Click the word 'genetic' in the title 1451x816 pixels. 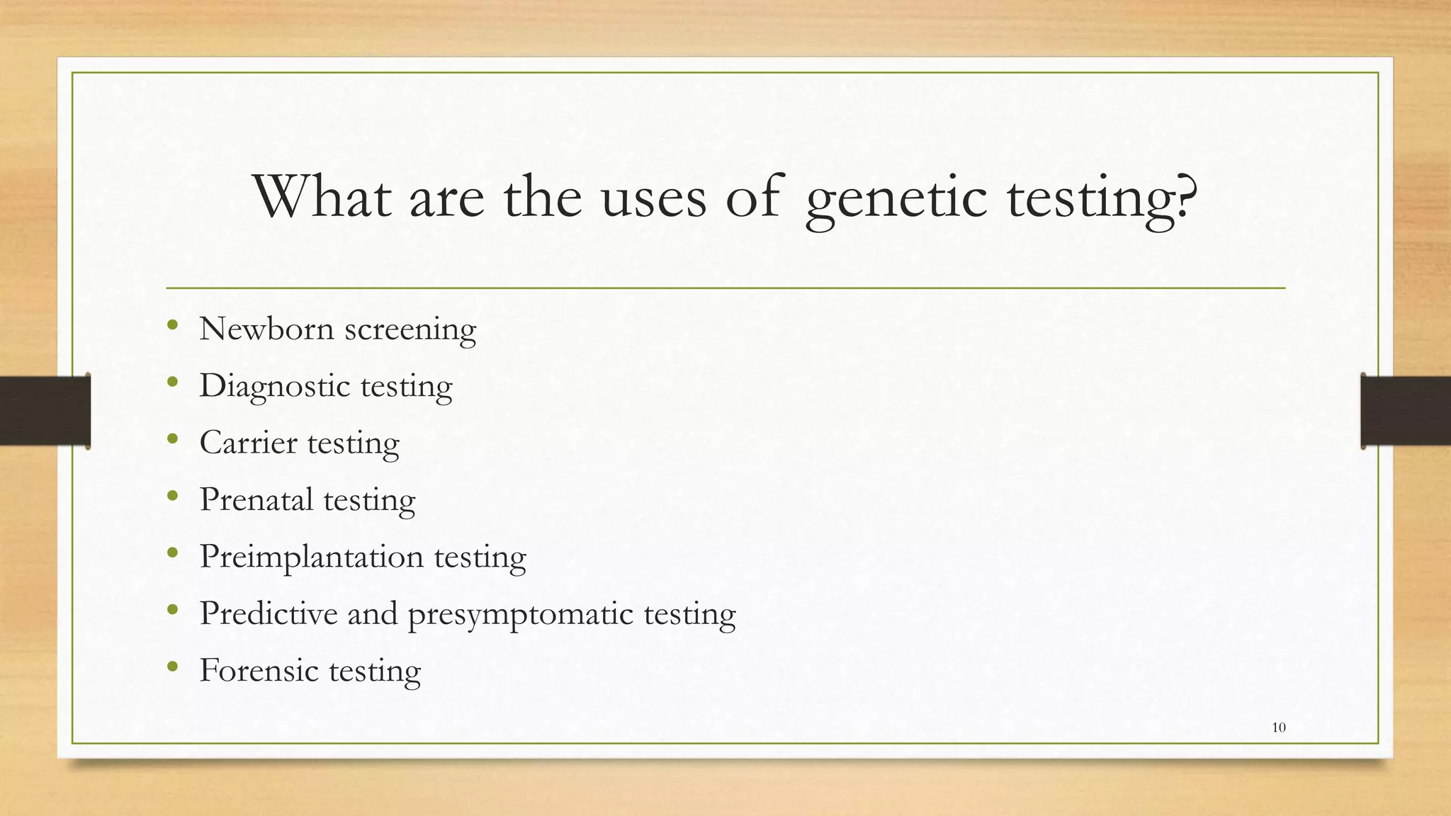[x=896, y=198]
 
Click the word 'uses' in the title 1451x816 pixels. [x=654, y=198]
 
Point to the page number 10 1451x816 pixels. [x=1279, y=727]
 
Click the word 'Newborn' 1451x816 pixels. [x=266, y=329]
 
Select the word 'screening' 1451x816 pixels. [x=410, y=330]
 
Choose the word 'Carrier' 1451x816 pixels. [x=248, y=443]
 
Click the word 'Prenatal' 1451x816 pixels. [x=256, y=499]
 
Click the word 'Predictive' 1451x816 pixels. [x=269, y=613]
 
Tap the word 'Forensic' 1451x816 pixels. [x=259, y=670]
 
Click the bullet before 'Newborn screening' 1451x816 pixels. [x=172, y=326]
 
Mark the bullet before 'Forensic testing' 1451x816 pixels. [x=172, y=667]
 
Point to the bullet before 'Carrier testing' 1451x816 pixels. [x=172, y=440]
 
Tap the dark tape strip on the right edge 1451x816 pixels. [x=1406, y=411]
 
